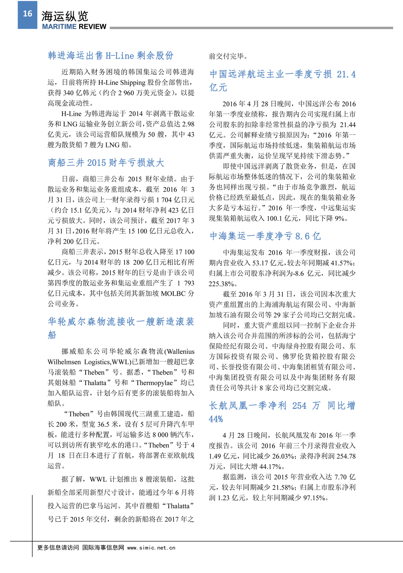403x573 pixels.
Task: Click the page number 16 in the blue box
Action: pyautogui.click(x=28, y=14)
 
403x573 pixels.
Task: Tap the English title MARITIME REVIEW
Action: pyautogui.click(x=74, y=27)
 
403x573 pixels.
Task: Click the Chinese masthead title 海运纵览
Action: pyautogui.click(x=65, y=16)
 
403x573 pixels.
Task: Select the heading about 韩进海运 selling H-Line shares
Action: pyautogui.click(x=110, y=55)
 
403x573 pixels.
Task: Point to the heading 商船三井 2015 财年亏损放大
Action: pyautogui.click(x=106, y=163)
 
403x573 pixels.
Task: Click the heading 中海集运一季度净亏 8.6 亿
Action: pyautogui.click(x=265, y=236)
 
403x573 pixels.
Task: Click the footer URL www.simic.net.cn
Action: pyautogui.click(x=151, y=548)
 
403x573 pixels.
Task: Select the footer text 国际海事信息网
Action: pyautogui.click(x=103, y=547)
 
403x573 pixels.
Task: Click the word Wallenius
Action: pyautogui.click(x=181, y=351)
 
